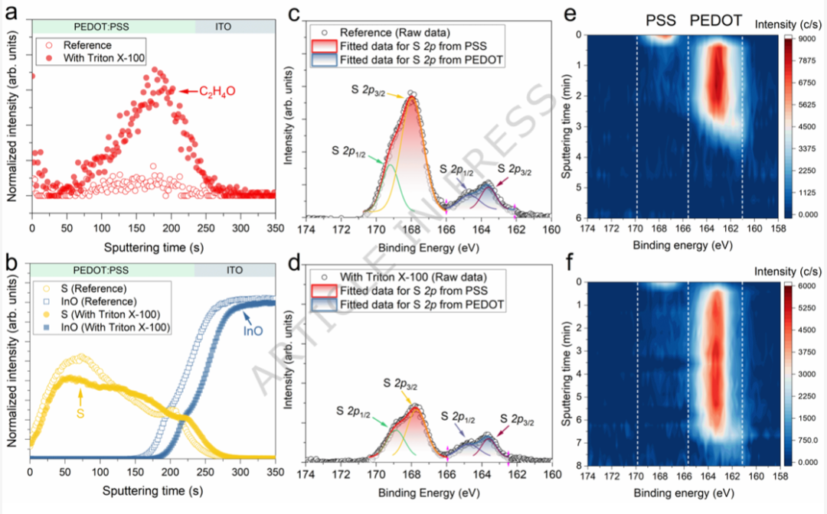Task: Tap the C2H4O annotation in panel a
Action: [217, 91]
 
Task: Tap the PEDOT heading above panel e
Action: [715, 21]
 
